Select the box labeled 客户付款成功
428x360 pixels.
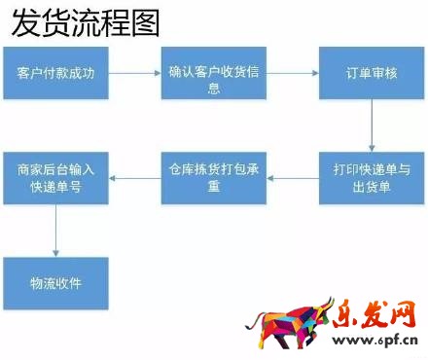[x=55, y=72]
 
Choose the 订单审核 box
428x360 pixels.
[x=371, y=72]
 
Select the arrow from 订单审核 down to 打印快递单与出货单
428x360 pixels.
[x=371, y=125]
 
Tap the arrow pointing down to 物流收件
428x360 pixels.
[x=55, y=230]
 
